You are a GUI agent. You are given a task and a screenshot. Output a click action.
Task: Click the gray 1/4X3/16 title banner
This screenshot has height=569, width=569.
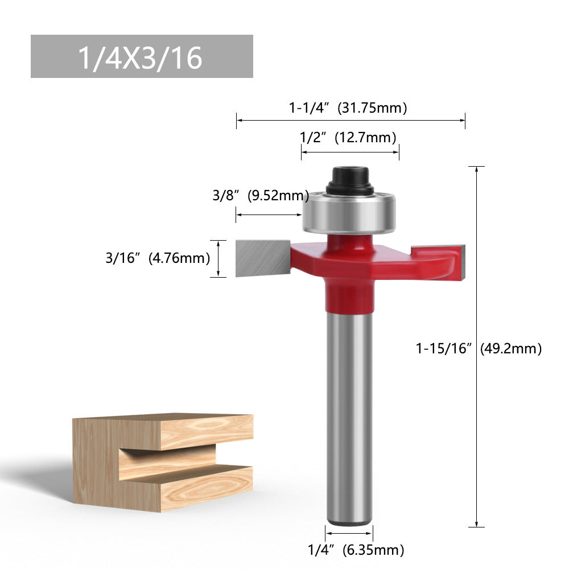click(x=141, y=56)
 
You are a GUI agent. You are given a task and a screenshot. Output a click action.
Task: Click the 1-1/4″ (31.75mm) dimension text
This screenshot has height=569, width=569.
click(x=348, y=108)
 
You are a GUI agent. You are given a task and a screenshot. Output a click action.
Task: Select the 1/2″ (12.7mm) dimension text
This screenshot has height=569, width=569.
click(x=348, y=137)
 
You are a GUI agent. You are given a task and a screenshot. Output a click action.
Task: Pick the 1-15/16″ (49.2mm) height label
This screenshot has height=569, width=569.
click(x=479, y=348)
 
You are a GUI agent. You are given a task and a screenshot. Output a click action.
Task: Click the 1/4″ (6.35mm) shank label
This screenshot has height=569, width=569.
click(x=356, y=550)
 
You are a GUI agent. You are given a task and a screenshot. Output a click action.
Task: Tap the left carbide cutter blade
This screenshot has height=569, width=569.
click(x=262, y=257)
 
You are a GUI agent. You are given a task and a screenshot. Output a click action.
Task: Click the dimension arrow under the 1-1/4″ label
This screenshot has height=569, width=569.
click(x=351, y=120)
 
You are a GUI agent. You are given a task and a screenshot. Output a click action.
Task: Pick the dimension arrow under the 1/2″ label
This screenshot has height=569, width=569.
click(x=350, y=152)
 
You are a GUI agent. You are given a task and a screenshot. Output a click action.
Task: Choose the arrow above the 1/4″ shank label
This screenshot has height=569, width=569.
click(x=349, y=534)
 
